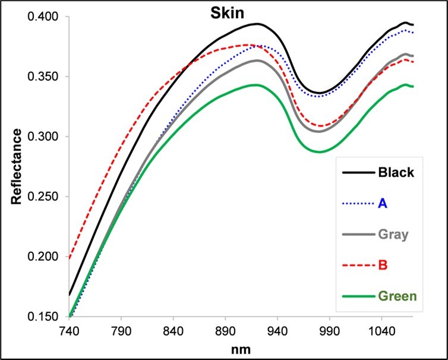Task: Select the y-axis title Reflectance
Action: (x=16, y=166)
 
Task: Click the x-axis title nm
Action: (x=243, y=349)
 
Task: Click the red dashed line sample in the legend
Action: (x=358, y=264)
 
